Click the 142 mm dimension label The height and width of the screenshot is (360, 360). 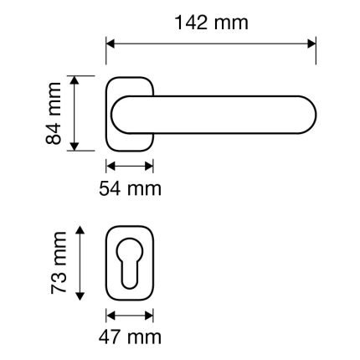pos(212,23)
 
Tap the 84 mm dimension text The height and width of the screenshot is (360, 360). pos(54,113)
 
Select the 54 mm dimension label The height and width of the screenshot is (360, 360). pos(130,188)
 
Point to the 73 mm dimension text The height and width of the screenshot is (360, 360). pos(59,263)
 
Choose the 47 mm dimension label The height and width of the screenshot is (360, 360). pos(130,337)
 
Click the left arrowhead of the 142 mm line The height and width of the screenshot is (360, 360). pos(111,44)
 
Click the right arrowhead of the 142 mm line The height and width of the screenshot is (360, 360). pos(311,44)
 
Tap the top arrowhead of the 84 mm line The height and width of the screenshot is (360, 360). pos(75,80)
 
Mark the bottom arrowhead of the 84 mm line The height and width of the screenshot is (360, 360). pos(75,147)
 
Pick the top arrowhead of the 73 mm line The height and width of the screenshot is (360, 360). pos(80,230)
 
